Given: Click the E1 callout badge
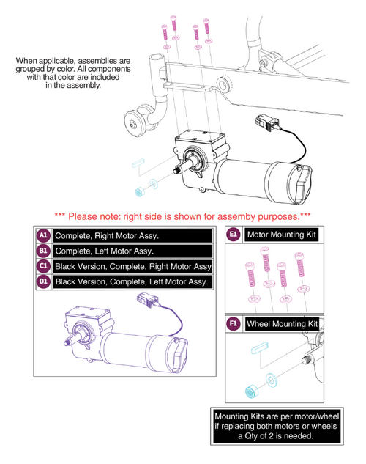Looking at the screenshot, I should click(x=234, y=235).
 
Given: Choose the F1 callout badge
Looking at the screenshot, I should click(x=234, y=323).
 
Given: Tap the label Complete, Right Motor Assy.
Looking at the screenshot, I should click(x=107, y=235).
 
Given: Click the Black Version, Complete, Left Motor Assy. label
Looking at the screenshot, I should click(x=132, y=281).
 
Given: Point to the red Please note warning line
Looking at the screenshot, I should click(x=183, y=216).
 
